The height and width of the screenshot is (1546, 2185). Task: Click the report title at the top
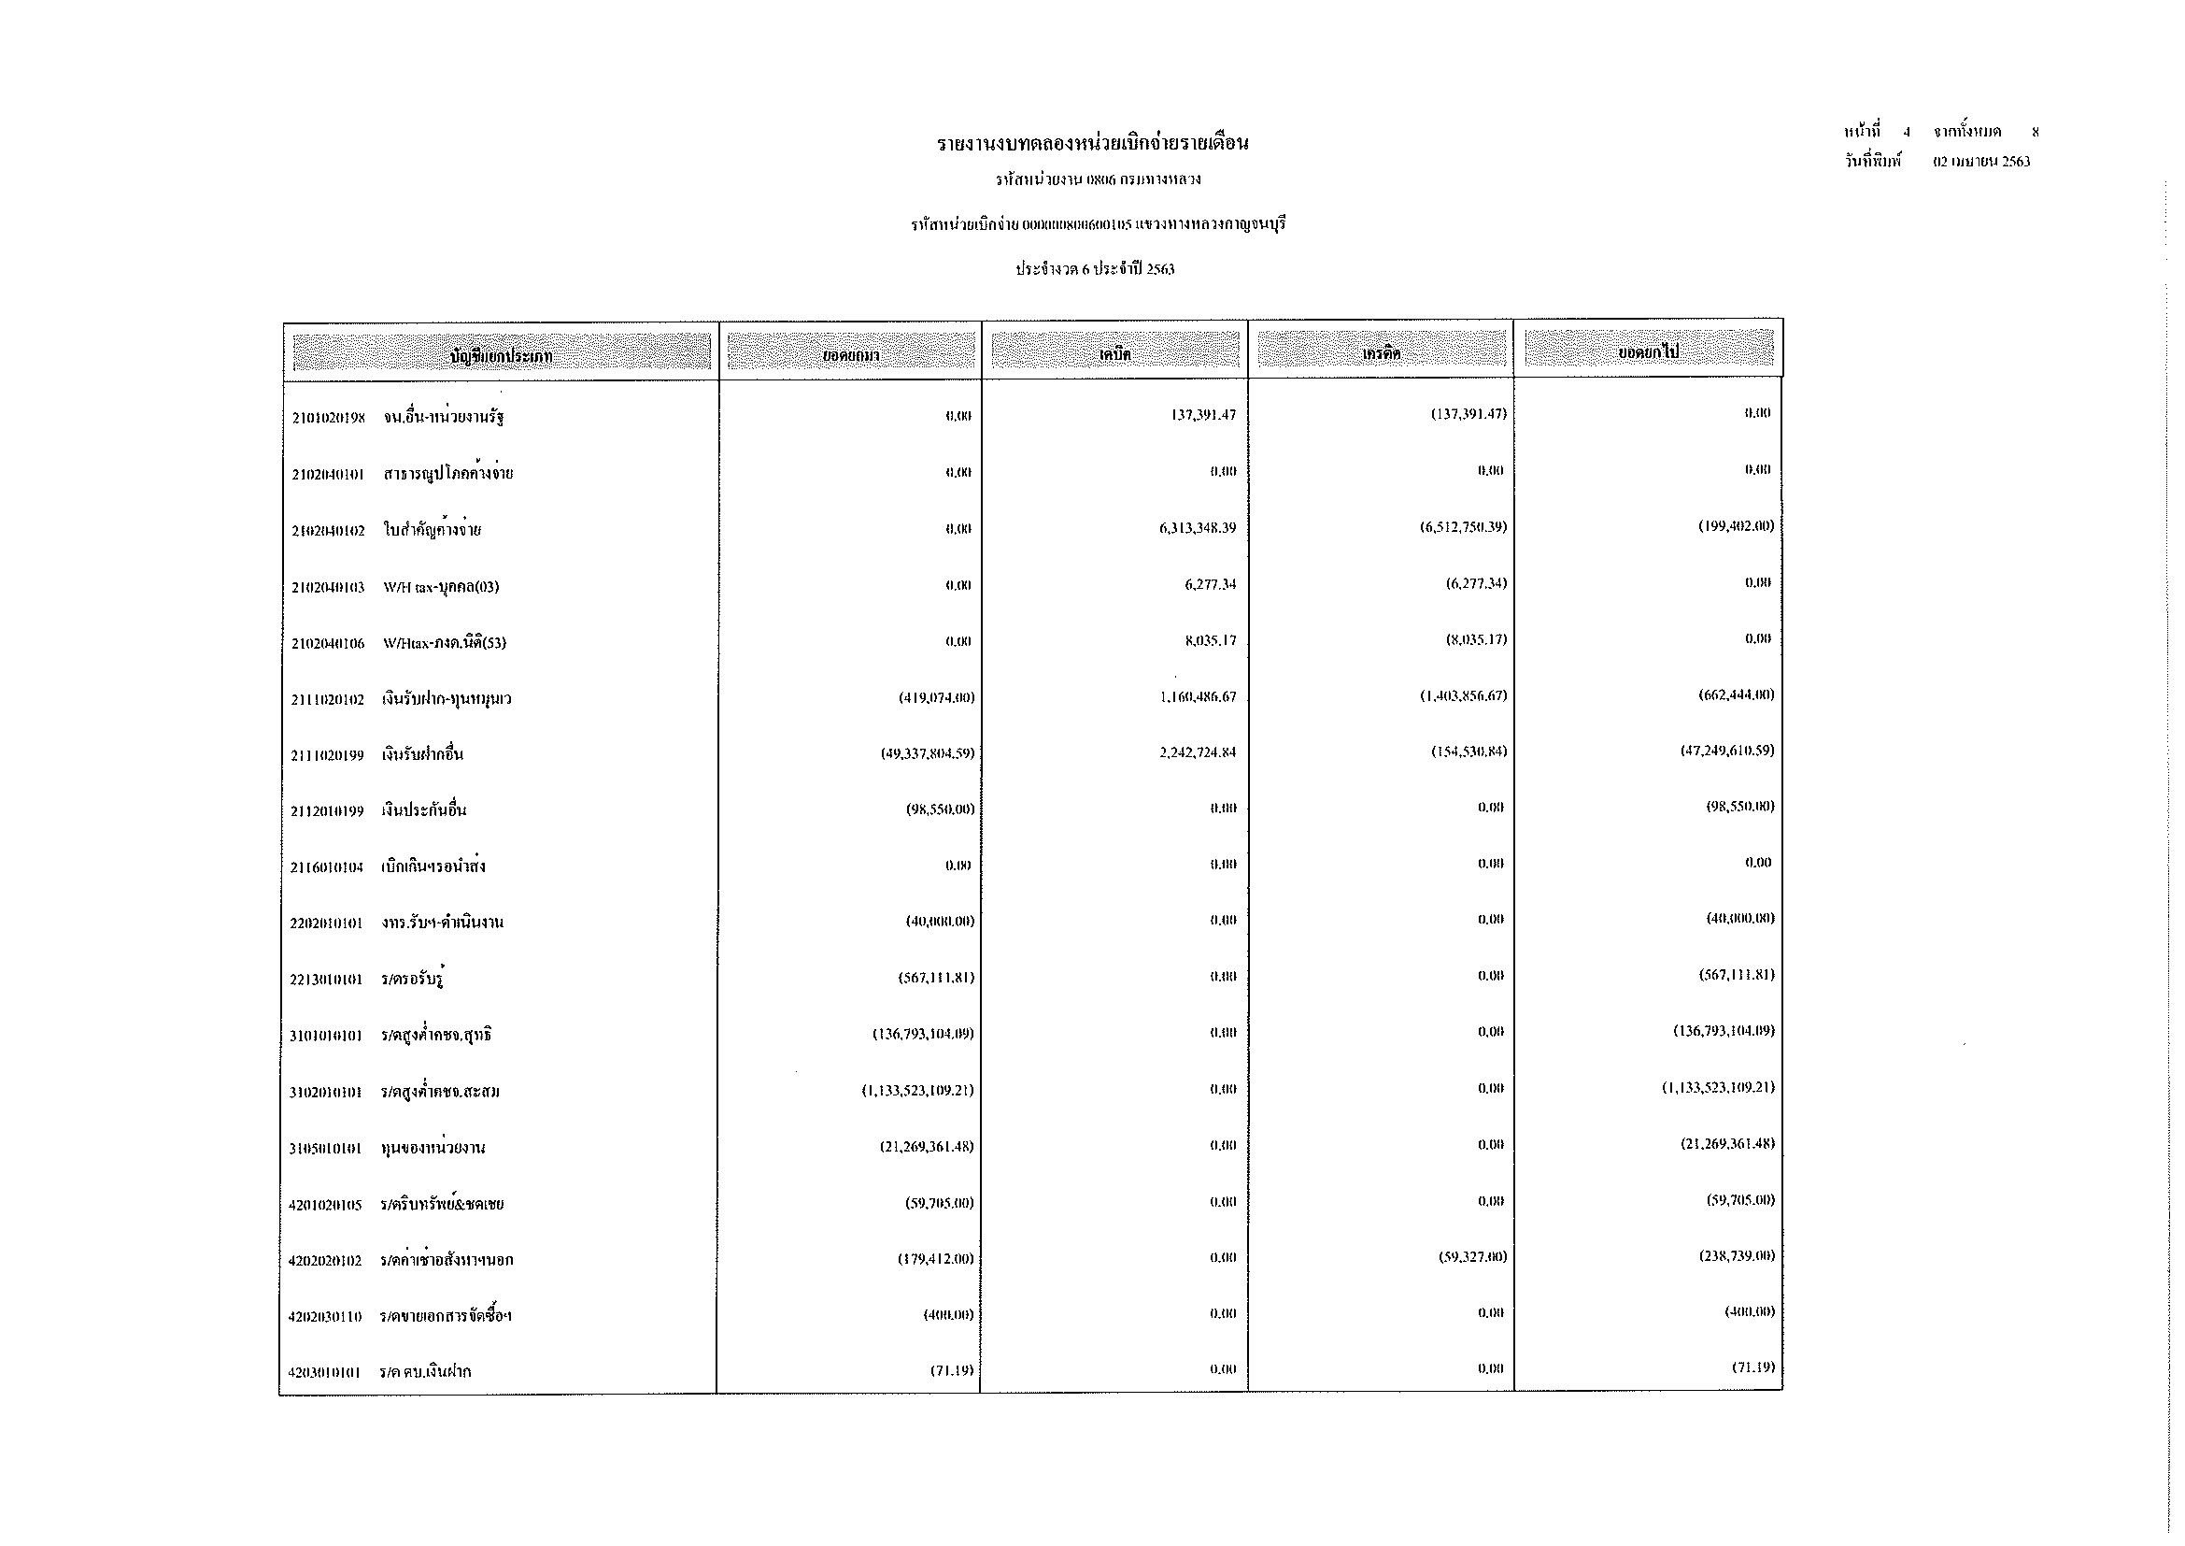click(1093, 144)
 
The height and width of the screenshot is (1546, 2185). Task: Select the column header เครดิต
click(1381, 353)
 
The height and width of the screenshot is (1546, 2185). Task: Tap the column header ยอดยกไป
click(1648, 352)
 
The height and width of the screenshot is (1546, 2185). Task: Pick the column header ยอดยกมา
click(851, 355)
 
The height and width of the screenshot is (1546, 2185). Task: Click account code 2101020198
click(328, 418)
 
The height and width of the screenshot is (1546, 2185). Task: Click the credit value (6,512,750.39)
click(1463, 527)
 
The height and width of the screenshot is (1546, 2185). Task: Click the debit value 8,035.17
click(1210, 640)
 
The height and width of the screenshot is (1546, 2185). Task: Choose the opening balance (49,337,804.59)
click(927, 753)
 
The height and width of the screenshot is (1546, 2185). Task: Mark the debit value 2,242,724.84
click(1198, 752)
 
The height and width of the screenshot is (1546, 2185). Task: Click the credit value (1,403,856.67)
click(1463, 696)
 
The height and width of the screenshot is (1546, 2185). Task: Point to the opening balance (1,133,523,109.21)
click(917, 1090)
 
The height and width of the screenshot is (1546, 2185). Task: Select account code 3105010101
click(325, 1149)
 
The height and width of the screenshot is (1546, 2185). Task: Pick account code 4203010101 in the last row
click(324, 1373)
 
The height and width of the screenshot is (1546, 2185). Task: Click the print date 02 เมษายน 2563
click(1981, 162)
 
